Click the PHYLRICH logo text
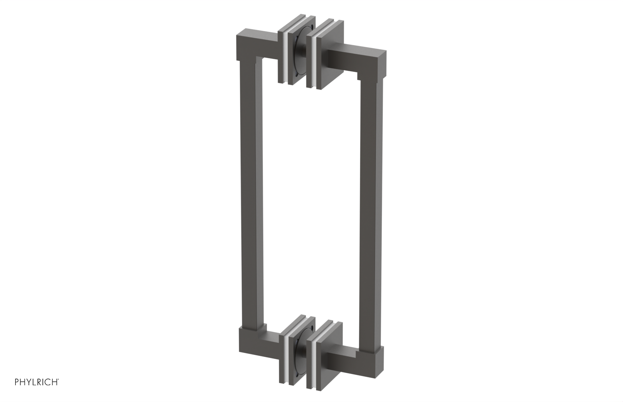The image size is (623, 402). [x=37, y=382]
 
